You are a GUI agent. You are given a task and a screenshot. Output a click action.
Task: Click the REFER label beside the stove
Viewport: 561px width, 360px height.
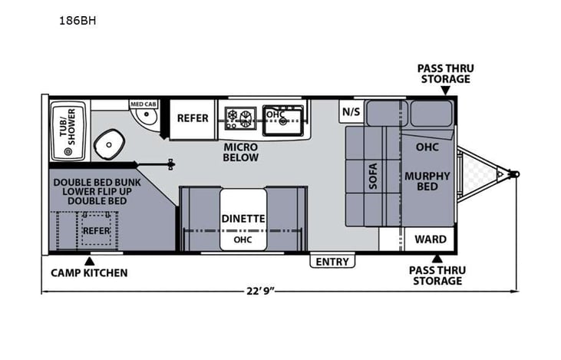coord(193,118)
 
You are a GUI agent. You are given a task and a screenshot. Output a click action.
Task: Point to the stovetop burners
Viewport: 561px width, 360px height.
coord(239,117)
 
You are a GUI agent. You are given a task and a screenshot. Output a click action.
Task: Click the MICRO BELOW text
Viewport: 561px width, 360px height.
coord(241,152)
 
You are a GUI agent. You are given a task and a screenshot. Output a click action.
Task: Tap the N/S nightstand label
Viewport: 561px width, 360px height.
coord(351,111)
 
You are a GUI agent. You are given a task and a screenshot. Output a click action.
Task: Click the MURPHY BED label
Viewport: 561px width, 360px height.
coord(426,181)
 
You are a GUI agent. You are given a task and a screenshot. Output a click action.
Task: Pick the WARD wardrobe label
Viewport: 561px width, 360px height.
coord(430,239)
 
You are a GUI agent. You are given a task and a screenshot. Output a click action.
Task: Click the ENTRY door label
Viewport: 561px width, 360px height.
coord(333,262)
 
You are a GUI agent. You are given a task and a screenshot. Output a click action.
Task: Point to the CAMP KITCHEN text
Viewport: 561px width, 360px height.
coord(90,272)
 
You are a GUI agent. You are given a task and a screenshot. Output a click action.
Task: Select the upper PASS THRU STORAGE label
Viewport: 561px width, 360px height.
coord(445,74)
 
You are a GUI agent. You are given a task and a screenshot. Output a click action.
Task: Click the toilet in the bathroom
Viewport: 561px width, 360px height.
coord(110,144)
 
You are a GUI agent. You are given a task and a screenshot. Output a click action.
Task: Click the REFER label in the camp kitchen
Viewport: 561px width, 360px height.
coord(97,230)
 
